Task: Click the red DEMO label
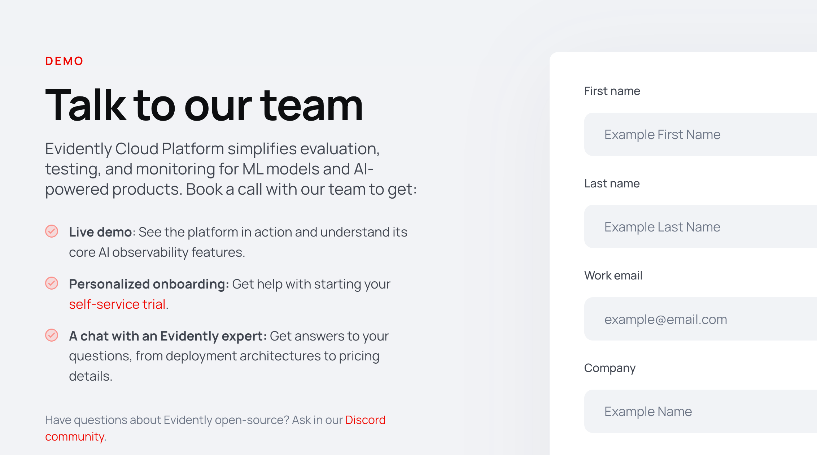(x=64, y=61)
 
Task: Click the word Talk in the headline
(x=85, y=105)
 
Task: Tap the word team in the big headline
(x=311, y=105)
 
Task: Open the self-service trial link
(x=117, y=304)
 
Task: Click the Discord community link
(x=365, y=420)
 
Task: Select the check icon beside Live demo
(x=52, y=231)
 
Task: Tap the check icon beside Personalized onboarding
(x=52, y=283)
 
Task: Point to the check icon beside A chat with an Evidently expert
(x=52, y=335)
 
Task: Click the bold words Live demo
(x=100, y=232)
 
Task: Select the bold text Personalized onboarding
(x=149, y=284)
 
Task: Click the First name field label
(x=612, y=91)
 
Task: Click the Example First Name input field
(x=700, y=134)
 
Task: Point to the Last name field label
(x=612, y=183)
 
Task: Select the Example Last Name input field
(x=700, y=227)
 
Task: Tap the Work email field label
(x=613, y=276)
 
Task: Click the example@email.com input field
(x=700, y=319)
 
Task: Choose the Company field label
(x=610, y=368)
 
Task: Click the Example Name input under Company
(x=700, y=411)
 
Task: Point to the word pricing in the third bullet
(x=359, y=356)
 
